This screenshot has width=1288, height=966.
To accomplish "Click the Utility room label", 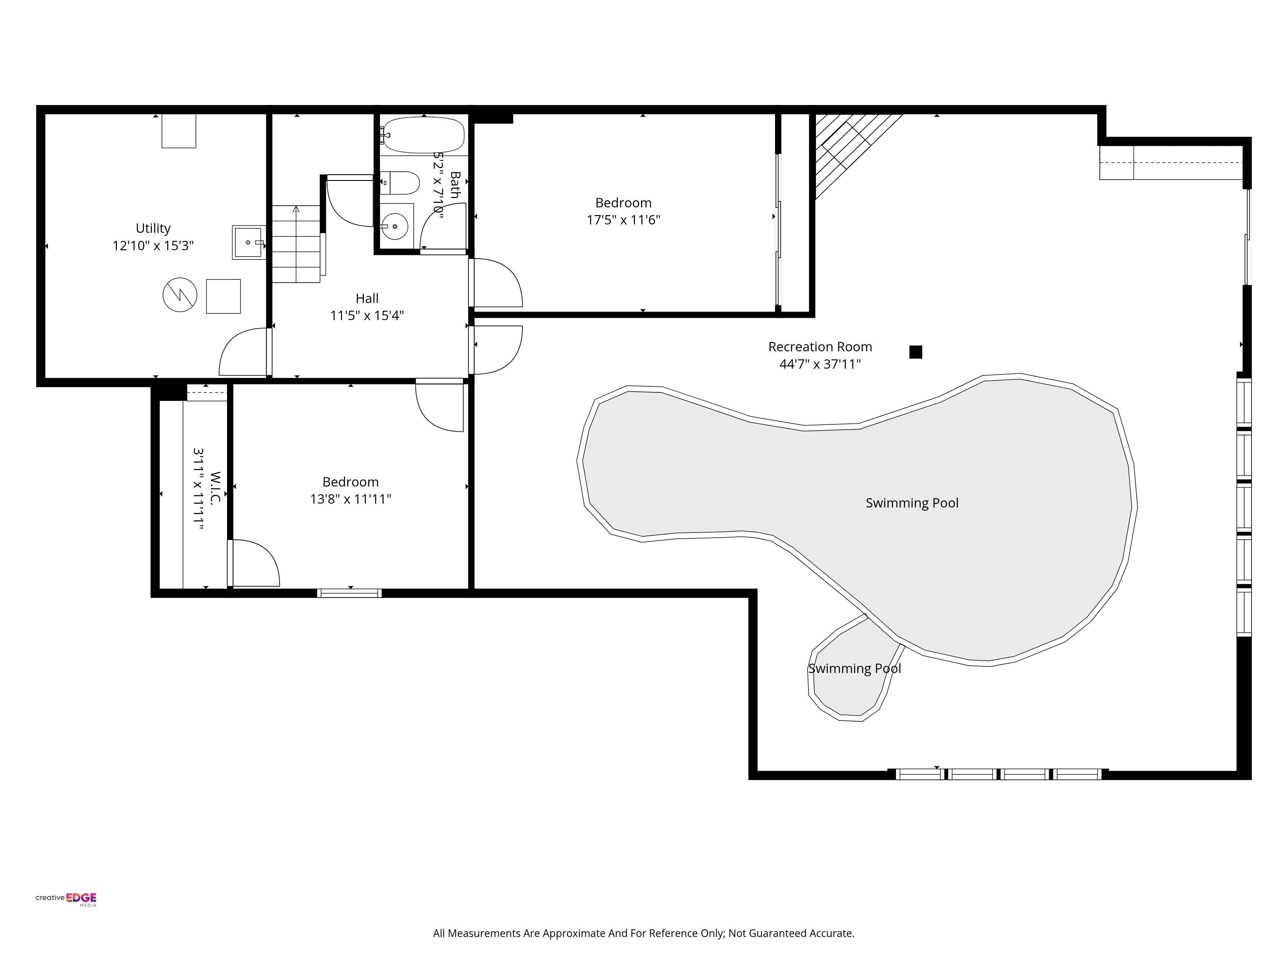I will tap(153, 228).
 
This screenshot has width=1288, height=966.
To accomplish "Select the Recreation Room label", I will tap(820, 347).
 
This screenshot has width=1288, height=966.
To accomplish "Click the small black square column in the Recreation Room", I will tap(915, 352).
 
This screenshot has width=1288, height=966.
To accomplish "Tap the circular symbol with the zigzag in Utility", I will tap(180, 295).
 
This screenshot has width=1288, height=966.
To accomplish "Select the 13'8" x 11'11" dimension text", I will tap(351, 499).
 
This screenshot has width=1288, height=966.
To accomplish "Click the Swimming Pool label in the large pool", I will tap(912, 503).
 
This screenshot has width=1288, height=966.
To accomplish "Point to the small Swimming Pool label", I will tap(854, 668).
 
